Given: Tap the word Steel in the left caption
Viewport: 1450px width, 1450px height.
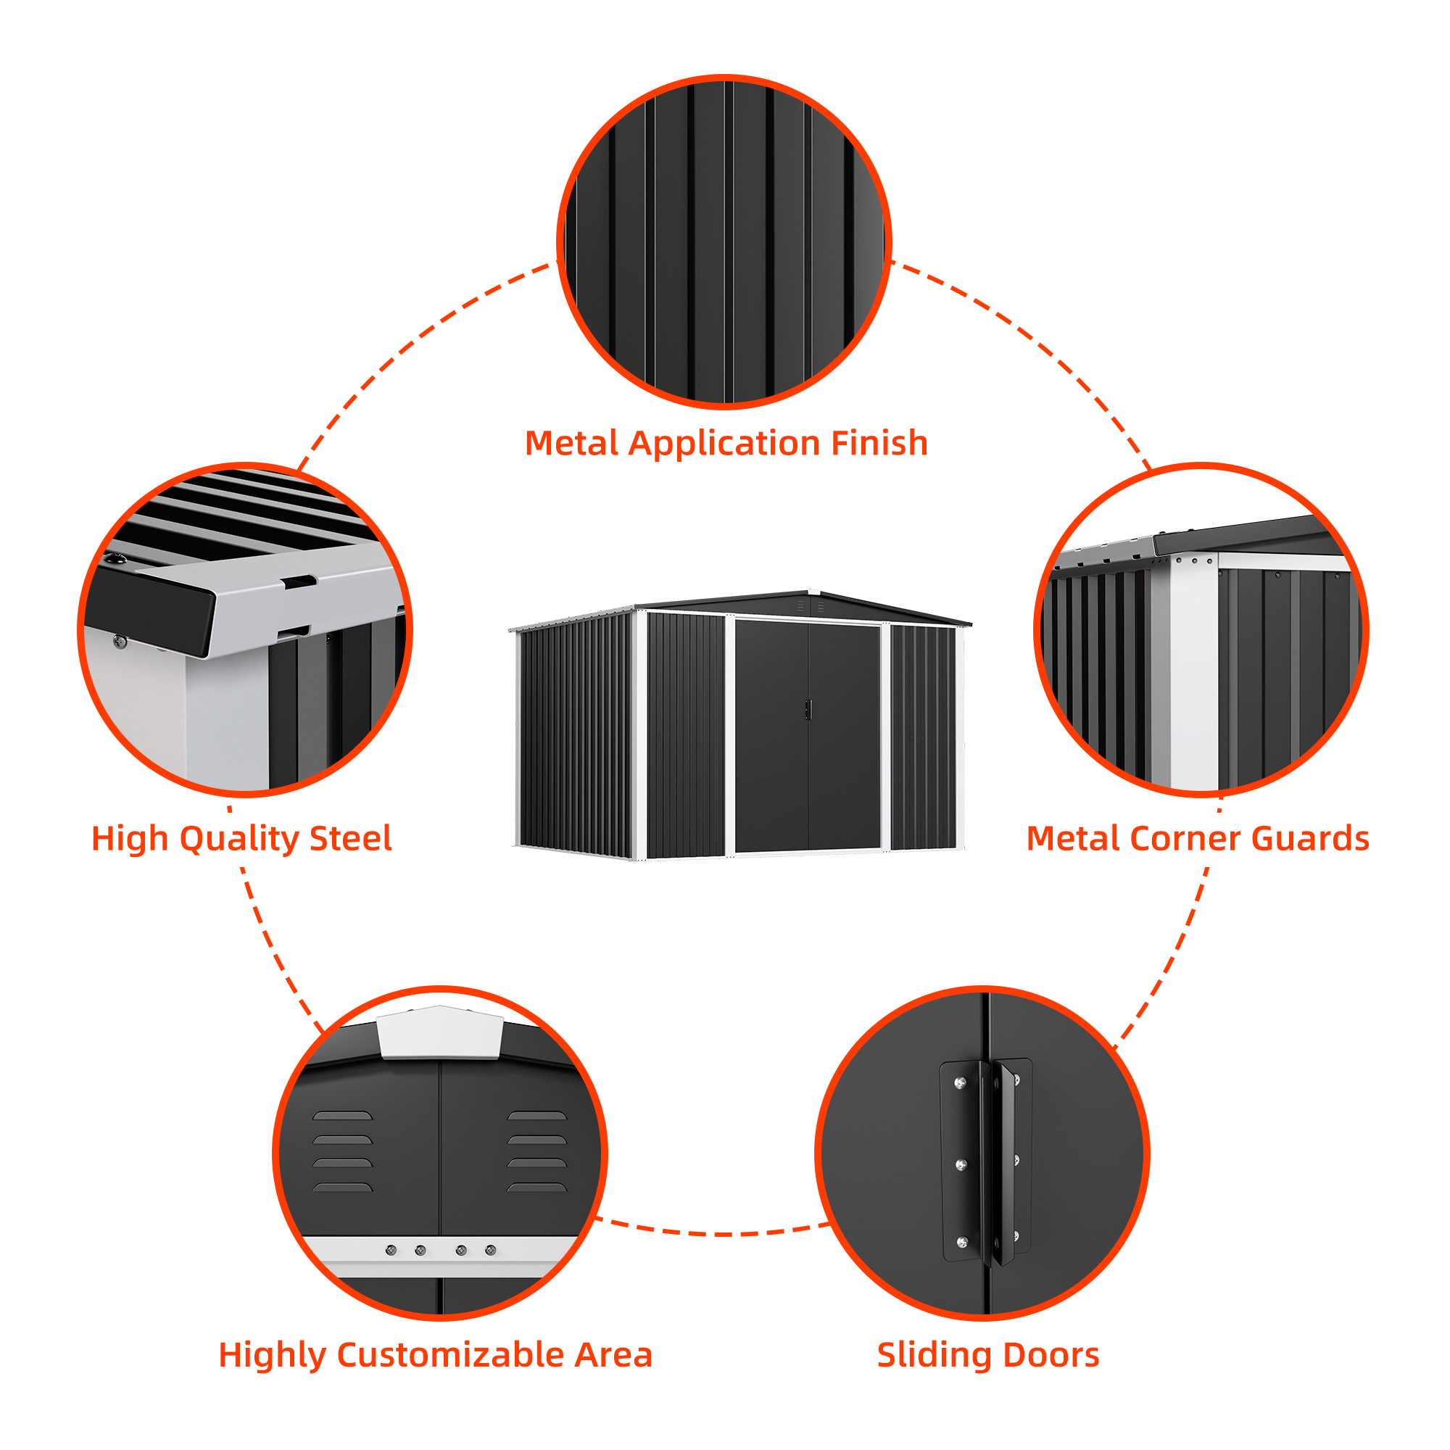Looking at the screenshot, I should tap(350, 838).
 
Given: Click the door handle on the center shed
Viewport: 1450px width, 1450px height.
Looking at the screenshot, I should tap(808, 709).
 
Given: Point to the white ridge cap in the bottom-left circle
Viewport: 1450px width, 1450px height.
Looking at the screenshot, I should tap(440, 1032).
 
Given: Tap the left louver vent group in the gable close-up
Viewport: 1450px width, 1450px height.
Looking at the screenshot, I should tap(342, 1151).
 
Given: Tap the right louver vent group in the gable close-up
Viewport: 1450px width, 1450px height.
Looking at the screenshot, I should tap(536, 1151).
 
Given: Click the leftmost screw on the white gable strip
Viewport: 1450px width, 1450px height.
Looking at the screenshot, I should tap(391, 1251).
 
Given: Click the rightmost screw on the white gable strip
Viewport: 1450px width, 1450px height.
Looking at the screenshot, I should tap(490, 1251).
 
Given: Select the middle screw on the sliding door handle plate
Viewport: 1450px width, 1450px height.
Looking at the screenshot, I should tap(960, 1165).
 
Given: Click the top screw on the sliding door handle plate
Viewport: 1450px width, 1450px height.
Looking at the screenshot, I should tap(959, 1083).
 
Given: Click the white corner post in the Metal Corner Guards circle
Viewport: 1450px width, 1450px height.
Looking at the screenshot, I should tap(1193, 676).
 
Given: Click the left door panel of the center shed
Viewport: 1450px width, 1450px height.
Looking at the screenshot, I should tap(771, 735).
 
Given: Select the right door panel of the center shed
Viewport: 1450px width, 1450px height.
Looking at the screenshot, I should tap(844, 735).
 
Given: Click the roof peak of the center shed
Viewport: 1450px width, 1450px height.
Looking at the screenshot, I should tap(808, 592).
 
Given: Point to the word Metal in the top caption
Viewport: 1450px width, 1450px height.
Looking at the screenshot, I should tap(571, 443).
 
